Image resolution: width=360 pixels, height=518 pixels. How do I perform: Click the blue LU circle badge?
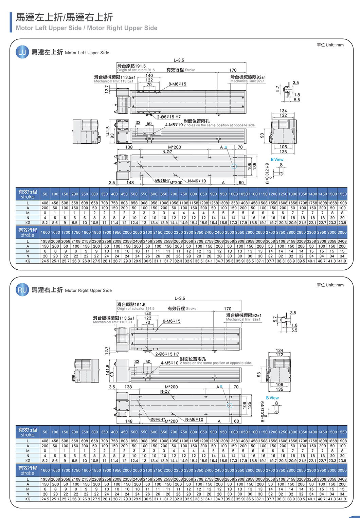point(22,52)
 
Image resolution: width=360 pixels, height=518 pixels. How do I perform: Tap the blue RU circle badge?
point(22,290)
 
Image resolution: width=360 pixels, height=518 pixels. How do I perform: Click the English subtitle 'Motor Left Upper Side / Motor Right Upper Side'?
point(87,28)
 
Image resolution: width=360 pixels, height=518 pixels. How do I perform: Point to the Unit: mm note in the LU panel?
point(330,45)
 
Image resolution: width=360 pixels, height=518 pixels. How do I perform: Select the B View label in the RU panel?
point(272,398)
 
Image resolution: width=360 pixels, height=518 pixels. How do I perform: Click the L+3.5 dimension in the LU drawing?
point(179,60)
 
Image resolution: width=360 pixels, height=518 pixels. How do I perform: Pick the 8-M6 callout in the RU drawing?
point(172,321)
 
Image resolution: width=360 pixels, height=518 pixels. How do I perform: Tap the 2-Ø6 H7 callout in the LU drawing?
point(169,117)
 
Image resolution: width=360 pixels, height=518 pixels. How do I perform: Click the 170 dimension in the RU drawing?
point(228,309)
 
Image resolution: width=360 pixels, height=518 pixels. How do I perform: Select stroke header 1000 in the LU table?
point(233,194)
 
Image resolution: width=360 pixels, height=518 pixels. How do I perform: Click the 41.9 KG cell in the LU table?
point(342,261)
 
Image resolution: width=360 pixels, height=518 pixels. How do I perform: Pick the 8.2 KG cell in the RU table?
point(45,461)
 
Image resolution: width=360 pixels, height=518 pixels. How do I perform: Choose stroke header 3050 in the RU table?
point(342,470)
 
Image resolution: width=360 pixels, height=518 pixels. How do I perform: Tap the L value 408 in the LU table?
point(45,203)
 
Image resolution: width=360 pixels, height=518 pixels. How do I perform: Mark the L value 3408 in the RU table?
point(342,479)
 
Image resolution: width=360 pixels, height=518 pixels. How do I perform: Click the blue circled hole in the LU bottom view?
point(234,166)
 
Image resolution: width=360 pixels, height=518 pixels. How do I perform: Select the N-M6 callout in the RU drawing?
point(194,419)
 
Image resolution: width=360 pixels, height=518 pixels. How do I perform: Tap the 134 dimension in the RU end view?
point(279,350)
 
